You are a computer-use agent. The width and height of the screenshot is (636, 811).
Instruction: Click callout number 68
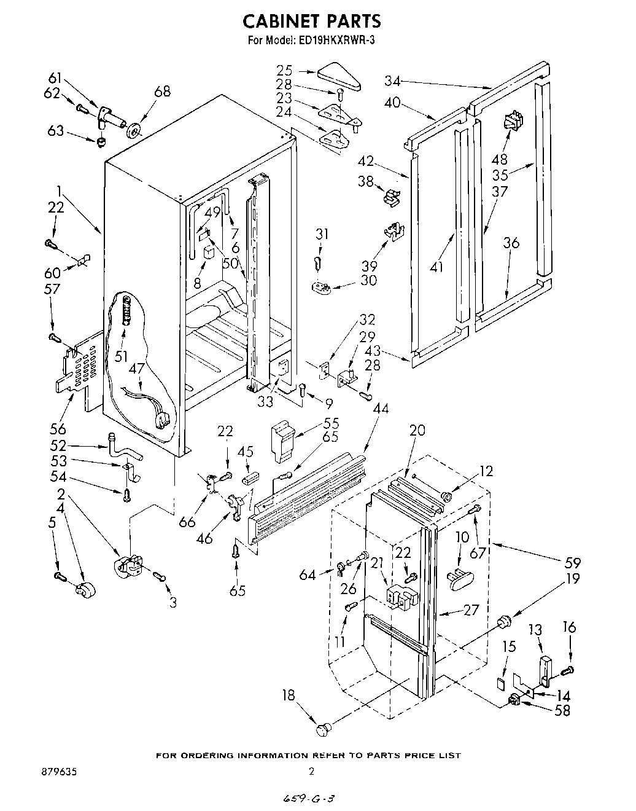[162, 92]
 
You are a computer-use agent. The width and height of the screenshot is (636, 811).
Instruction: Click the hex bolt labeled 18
[323, 729]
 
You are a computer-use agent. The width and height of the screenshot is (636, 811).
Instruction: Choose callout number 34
[393, 80]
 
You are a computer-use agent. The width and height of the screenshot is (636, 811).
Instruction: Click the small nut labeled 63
[102, 141]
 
